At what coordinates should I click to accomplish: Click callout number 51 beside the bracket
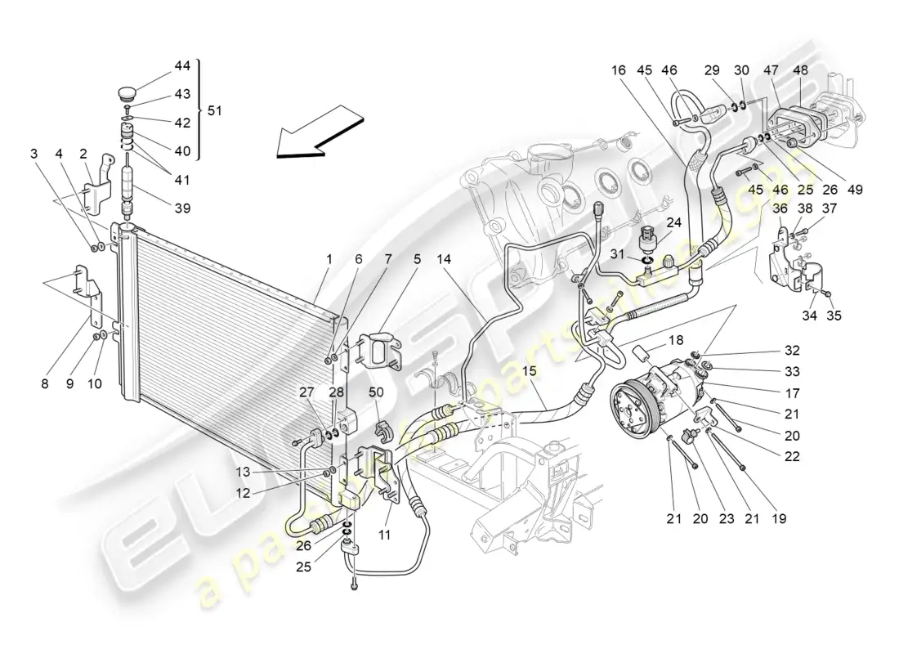[214, 110]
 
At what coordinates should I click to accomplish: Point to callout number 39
[182, 208]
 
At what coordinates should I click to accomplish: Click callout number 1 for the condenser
[329, 259]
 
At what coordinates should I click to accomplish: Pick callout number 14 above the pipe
[444, 259]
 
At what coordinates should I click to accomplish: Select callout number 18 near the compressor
[677, 338]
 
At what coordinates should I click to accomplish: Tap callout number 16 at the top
[617, 71]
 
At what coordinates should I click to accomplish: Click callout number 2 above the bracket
[83, 153]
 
